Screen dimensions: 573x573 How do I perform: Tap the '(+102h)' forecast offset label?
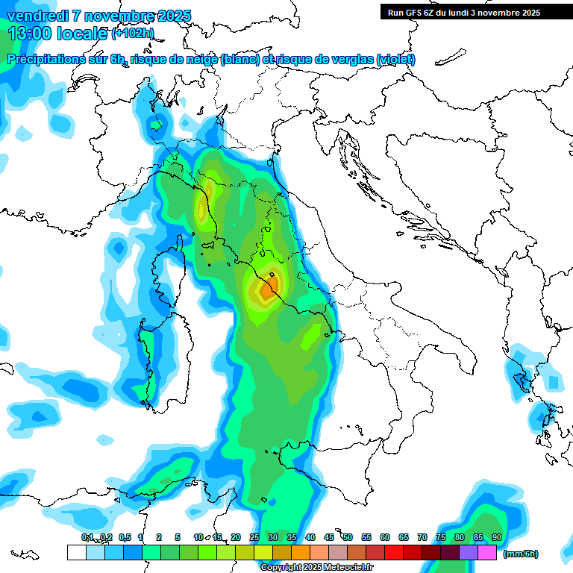133,34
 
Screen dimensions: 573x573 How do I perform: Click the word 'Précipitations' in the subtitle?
52,60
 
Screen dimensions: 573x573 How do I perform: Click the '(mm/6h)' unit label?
520,554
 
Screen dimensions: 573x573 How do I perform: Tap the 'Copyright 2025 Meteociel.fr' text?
316,568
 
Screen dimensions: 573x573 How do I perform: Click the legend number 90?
497,537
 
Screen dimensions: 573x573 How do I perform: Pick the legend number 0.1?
87,537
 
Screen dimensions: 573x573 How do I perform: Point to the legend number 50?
348,537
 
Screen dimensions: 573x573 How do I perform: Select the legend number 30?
273,537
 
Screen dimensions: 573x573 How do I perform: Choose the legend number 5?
178,537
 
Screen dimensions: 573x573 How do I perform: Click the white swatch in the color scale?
76,553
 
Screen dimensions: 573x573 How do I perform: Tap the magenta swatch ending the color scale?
487,553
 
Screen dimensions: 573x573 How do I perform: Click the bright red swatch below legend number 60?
394,553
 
